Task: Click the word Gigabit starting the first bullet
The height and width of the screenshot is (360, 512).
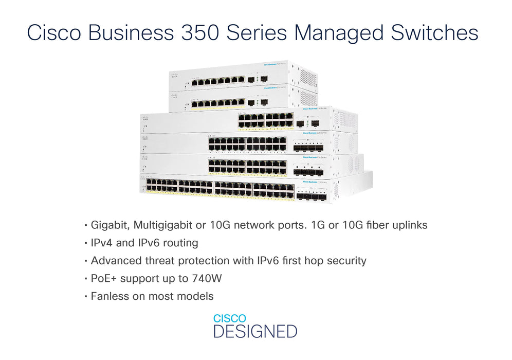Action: tap(109, 225)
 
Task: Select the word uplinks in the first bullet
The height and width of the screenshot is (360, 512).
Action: tap(409, 225)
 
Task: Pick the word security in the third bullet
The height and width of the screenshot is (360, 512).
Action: tap(347, 261)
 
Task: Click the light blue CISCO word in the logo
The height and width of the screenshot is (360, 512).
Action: tap(230, 319)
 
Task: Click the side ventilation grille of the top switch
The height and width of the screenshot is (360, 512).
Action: tap(307, 78)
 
